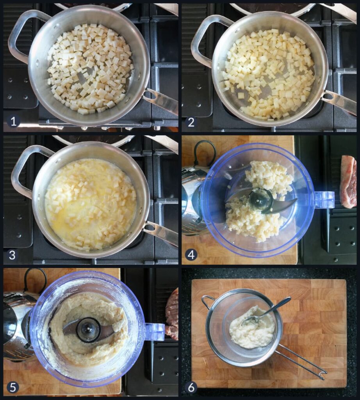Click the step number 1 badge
(13, 121)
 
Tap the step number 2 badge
(191, 122)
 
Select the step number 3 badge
(12, 255)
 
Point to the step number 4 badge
(191, 254)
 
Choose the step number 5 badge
(12, 387)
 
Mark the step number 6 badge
(191, 387)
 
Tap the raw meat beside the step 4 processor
(349, 182)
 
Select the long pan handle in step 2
(339, 102)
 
